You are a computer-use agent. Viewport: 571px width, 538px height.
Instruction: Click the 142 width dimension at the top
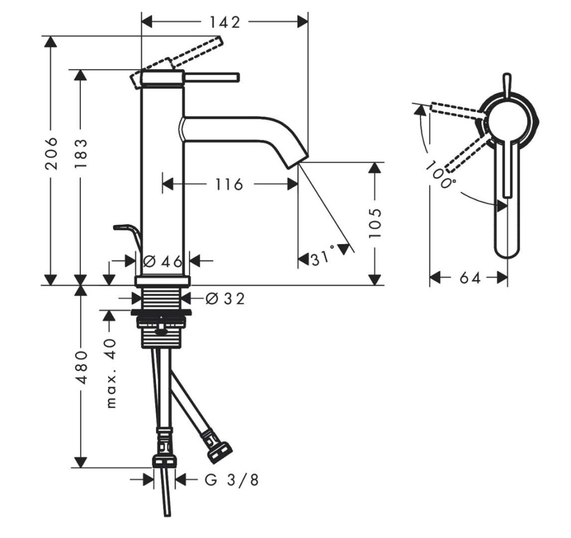point(225,22)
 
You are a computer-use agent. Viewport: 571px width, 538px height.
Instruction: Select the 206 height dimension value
point(51,153)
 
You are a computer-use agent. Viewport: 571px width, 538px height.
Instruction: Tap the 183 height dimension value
point(81,153)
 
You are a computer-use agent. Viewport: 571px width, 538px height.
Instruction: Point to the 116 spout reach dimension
point(229,185)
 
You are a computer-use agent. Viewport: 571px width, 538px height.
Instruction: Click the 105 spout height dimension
point(375,223)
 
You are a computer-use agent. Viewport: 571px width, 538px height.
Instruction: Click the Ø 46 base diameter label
point(163,261)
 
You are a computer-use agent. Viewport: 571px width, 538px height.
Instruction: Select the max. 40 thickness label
point(111,373)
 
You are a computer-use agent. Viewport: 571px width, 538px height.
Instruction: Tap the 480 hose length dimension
point(81,367)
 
